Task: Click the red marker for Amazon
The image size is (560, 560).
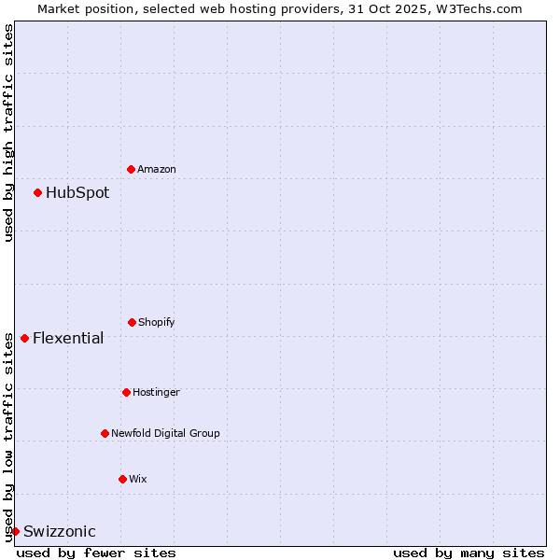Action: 131,169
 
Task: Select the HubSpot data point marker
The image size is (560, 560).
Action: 37,192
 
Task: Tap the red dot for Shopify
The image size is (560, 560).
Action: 132,322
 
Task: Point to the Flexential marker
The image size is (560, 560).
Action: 24,338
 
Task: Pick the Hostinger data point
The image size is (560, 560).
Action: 126,392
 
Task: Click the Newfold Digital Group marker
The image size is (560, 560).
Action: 105,433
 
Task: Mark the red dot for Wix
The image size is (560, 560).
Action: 122,479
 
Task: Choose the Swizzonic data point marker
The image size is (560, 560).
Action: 15,531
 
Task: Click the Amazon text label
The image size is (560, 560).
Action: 157,169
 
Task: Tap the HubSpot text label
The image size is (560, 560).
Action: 77,193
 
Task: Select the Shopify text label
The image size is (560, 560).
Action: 157,322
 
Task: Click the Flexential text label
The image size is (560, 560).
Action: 68,338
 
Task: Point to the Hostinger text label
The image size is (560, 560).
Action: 156,392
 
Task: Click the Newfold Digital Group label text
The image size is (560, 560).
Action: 165,433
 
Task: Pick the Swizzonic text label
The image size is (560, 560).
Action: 60,532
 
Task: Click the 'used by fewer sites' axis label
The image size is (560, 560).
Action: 96,553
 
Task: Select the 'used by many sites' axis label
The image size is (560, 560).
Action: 469,553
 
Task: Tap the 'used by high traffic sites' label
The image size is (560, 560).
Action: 8,133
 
